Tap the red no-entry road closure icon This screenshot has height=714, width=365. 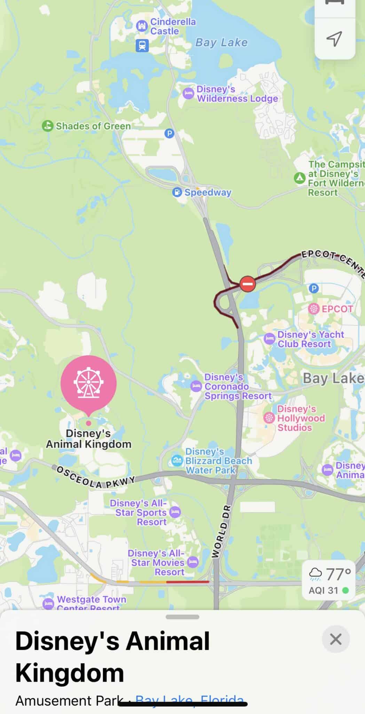247,284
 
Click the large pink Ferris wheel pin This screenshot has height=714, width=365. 88,382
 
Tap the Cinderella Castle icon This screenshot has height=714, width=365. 142,26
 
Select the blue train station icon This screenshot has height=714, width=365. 142,45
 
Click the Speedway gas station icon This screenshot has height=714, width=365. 177,192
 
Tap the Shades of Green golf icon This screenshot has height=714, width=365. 47,126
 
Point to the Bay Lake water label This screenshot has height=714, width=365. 222,43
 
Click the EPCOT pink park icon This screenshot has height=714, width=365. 314,309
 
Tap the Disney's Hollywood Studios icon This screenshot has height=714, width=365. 269,418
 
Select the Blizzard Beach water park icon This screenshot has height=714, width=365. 177,461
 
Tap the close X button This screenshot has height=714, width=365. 335,639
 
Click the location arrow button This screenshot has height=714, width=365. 334,39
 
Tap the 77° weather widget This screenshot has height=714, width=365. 328,580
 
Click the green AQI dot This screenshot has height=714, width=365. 346,590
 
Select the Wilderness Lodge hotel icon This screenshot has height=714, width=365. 188,93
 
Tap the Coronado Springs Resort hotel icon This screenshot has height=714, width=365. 196,386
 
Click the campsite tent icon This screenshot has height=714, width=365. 299,178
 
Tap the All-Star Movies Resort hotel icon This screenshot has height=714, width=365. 192,562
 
